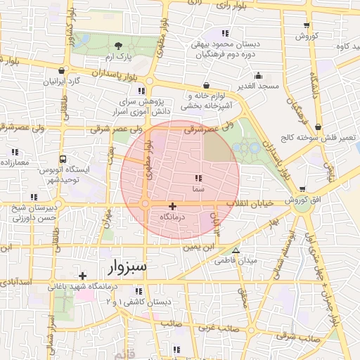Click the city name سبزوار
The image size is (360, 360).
click(x=127, y=267)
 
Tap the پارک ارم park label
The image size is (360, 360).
click(x=115, y=56)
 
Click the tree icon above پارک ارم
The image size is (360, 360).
click(x=117, y=45)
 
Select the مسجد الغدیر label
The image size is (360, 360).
click(x=259, y=86)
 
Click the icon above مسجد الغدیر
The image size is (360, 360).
click(x=259, y=75)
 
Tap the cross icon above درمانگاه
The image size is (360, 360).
click(x=173, y=206)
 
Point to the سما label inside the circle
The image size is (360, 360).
click(x=198, y=190)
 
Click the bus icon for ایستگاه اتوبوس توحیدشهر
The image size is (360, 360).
click(x=64, y=159)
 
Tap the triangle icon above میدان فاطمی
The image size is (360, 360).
click(x=236, y=250)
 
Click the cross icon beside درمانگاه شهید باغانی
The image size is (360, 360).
click(x=83, y=276)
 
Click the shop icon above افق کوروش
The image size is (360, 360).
click(x=303, y=189)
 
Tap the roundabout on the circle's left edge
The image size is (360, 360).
click(x=145, y=205)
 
